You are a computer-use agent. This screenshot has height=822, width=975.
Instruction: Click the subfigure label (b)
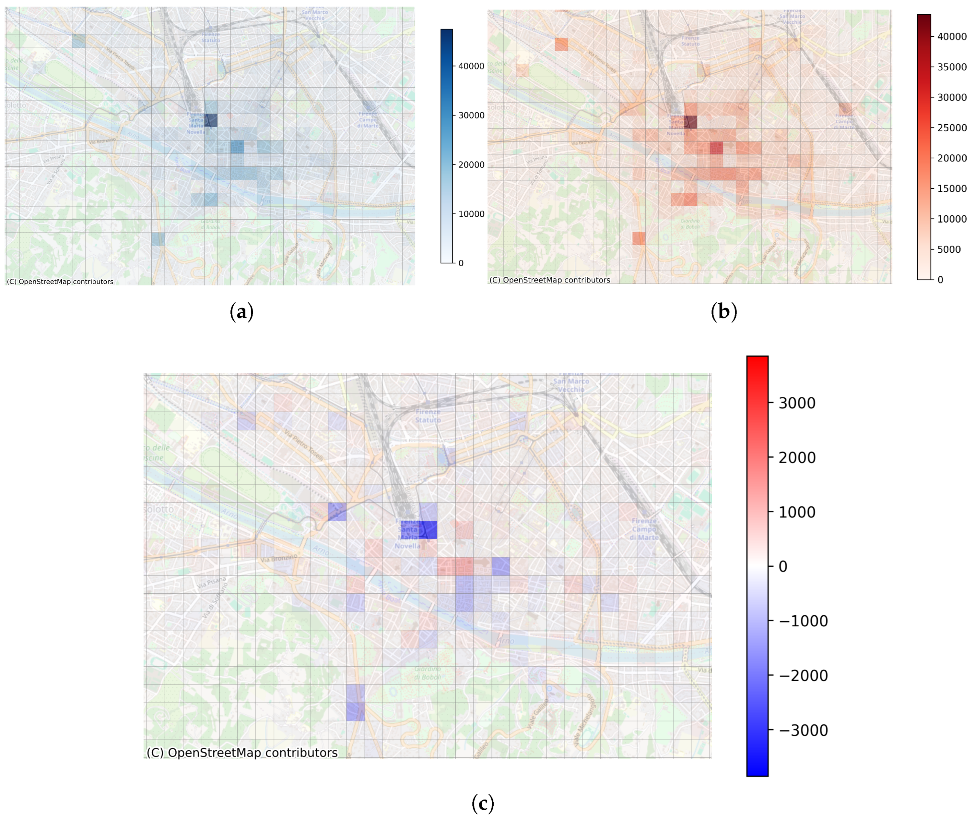tap(723, 311)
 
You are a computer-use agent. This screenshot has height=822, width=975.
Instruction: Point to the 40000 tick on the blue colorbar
tap(471, 66)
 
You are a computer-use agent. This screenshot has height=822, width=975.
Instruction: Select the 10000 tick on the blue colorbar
tap(471, 214)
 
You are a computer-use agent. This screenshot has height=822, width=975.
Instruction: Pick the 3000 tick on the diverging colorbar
tap(797, 403)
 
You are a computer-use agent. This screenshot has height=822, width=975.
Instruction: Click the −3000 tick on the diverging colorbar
tap(803, 730)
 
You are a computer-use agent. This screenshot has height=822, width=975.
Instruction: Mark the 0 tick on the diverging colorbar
tap(783, 567)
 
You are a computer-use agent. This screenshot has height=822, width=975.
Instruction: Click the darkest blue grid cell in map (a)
tap(210, 120)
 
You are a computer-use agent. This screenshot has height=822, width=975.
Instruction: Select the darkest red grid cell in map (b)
tap(690, 122)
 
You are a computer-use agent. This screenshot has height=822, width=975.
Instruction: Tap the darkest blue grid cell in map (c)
tap(428, 530)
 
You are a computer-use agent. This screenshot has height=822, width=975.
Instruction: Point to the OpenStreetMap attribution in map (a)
tap(60, 282)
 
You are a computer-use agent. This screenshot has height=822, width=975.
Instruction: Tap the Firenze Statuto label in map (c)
tap(428, 416)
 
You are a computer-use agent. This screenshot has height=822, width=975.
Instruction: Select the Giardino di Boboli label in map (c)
tap(428, 673)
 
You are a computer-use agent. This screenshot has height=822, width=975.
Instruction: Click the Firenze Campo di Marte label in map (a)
tap(368, 120)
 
